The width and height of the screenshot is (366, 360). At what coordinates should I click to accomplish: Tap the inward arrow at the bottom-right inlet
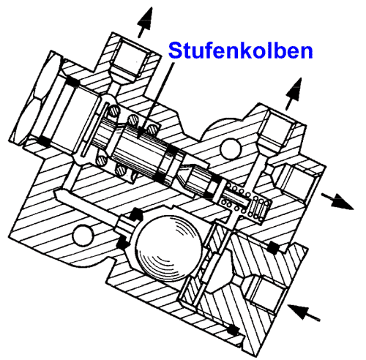(x=308, y=313)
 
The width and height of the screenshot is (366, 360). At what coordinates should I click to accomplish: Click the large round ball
(x=167, y=250)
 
